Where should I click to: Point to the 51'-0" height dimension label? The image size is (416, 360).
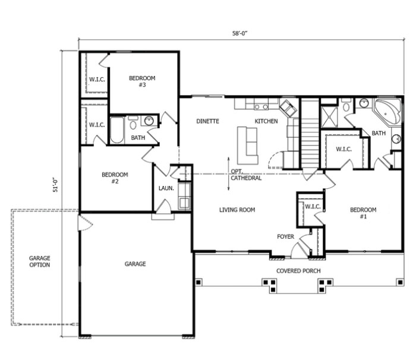[56, 185]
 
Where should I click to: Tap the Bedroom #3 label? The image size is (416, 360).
[142, 81]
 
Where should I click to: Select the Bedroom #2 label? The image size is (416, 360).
[115, 178]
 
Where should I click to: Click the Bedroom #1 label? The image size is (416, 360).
[363, 213]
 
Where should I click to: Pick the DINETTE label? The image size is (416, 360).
[208, 121]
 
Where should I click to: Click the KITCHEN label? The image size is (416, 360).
[266, 121]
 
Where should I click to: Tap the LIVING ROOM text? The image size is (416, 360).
[237, 210]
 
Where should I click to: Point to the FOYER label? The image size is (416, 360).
[285, 236]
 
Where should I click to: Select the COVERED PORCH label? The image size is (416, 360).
[298, 271]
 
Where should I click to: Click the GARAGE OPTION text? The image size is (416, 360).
[40, 261]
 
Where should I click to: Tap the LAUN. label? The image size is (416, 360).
[166, 188]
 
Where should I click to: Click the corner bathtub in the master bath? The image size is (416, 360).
[387, 112]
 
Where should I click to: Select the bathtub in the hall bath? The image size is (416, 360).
[116, 130]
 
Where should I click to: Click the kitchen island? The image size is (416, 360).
[247, 145]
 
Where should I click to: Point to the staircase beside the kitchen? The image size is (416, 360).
[310, 134]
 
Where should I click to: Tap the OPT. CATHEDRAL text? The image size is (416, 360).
[246, 175]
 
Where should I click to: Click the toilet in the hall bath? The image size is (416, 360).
[133, 123]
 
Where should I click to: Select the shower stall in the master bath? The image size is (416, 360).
[329, 116]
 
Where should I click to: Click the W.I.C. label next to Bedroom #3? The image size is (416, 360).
[97, 80]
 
